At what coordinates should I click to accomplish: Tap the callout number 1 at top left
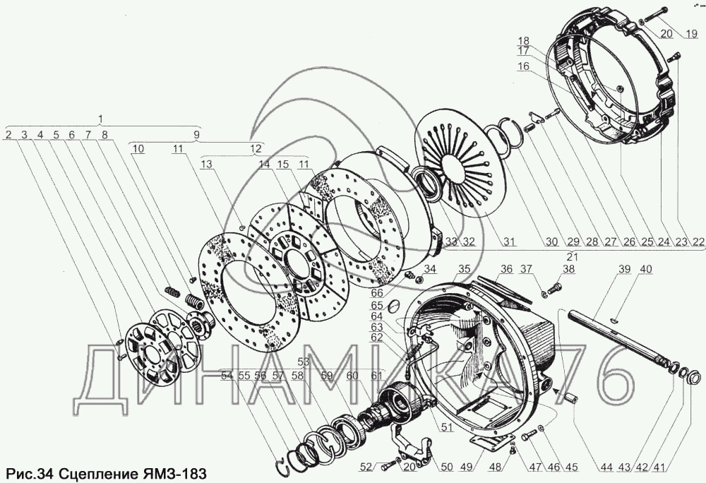pyautogui.click(x=100, y=118)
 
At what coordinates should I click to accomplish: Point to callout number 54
pyautogui.click(x=227, y=375)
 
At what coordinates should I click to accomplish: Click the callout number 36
pyautogui.click(x=506, y=269)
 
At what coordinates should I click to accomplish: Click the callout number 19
pyautogui.click(x=690, y=33)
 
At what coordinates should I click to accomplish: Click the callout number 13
pyautogui.click(x=206, y=164)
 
